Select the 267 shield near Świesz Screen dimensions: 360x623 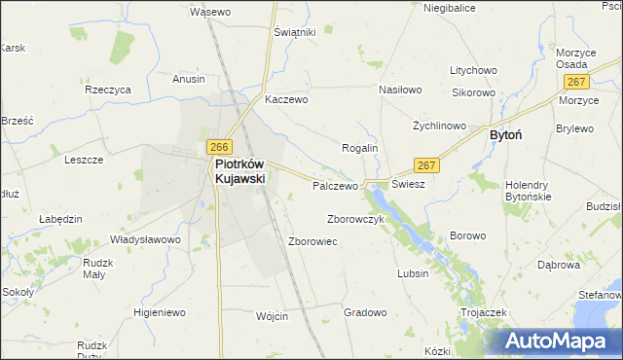coord(425,165)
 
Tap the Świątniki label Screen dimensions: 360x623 coord(295,32)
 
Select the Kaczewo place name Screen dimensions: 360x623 coord(286,99)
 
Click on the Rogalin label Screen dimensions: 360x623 coord(358,148)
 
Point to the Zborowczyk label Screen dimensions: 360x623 coord(356,219)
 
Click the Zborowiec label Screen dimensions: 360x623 coord(312,241)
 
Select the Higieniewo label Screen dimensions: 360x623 coord(160,312)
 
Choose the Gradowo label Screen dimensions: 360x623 coord(366,312)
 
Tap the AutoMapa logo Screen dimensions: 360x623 coord(559,341)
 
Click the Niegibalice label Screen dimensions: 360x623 coord(449,8)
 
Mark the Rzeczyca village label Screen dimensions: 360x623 coord(108,90)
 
